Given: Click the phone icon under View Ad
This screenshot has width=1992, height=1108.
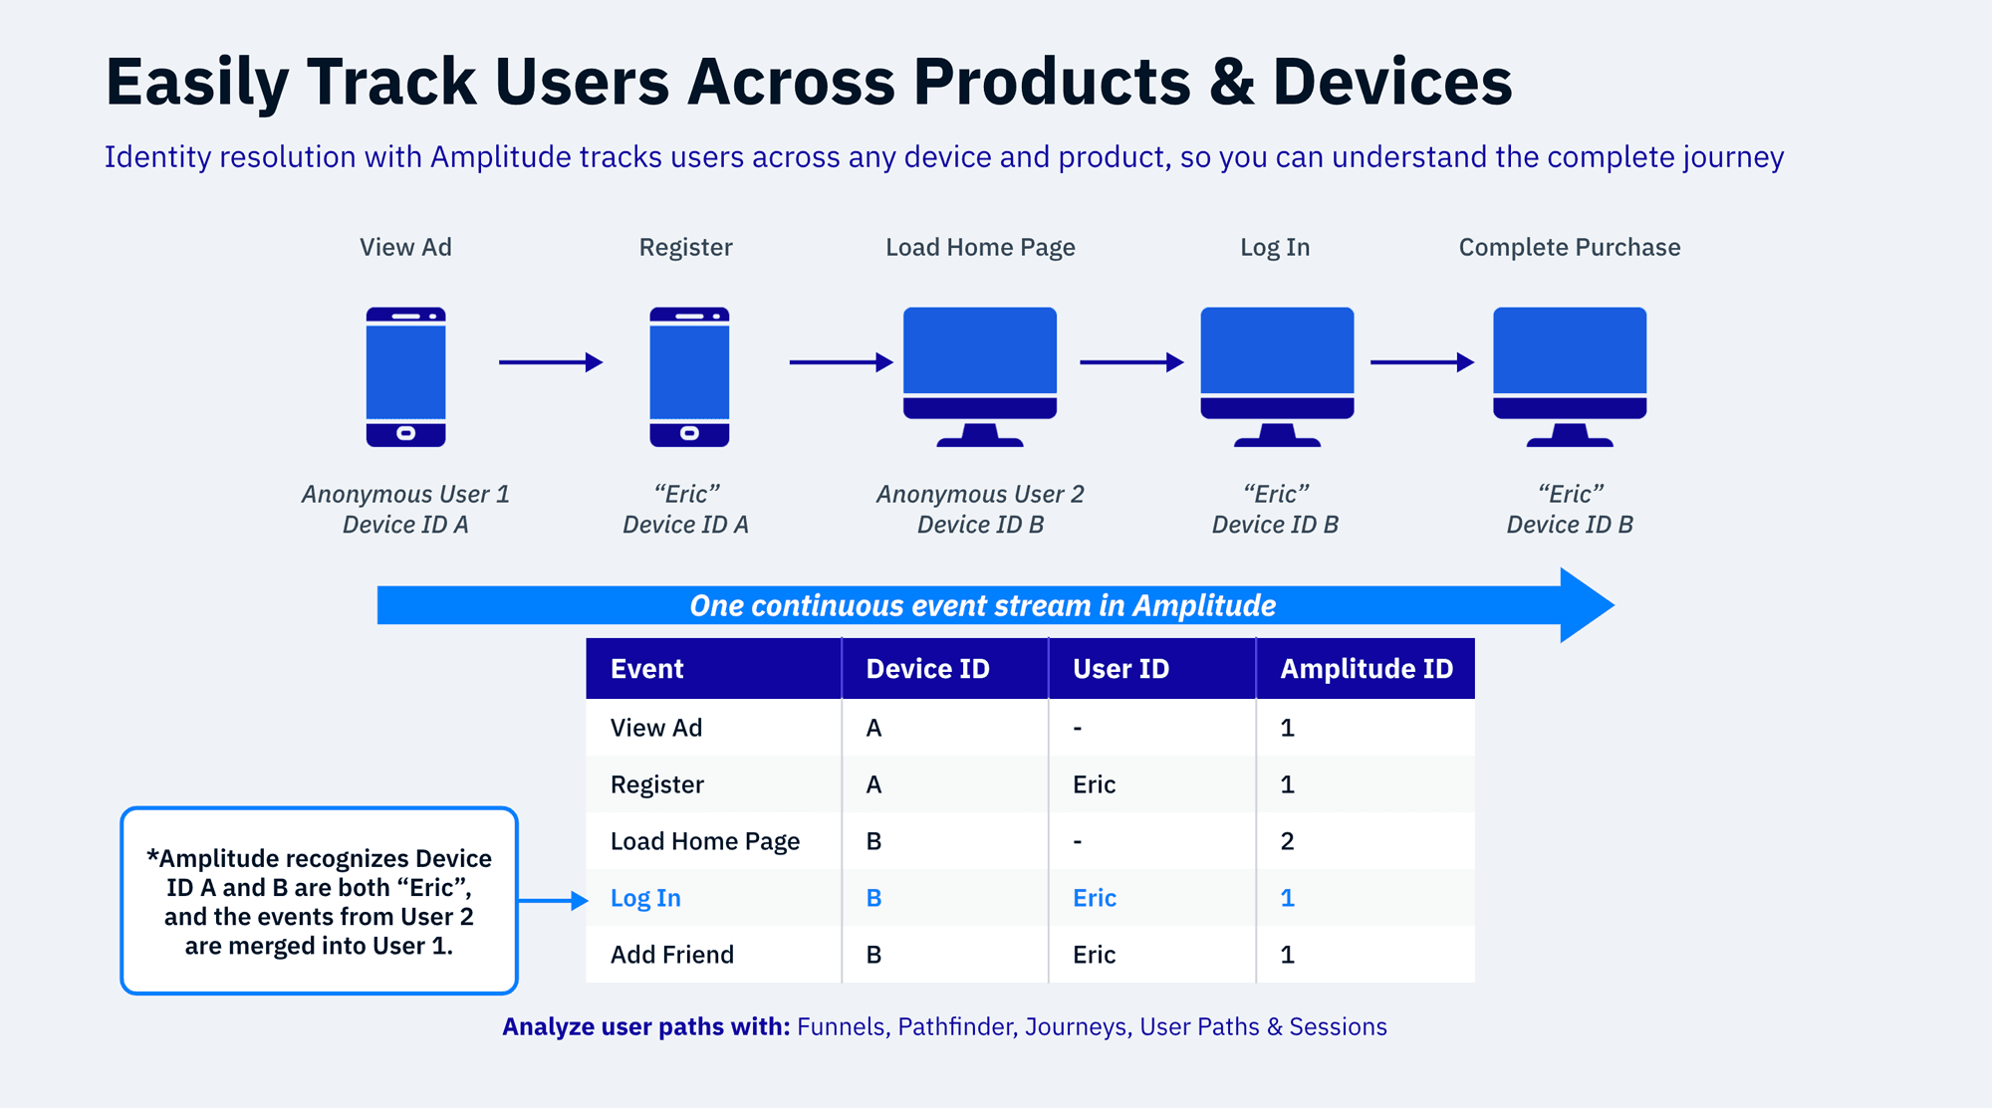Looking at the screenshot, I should click(x=405, y=376).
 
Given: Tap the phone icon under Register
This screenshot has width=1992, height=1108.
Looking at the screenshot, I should click(x=689, y=376).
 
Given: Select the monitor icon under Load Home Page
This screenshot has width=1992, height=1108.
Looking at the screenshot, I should click(x=980, y=374).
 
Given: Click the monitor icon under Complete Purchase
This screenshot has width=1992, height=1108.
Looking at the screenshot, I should click(x=1570, y=374).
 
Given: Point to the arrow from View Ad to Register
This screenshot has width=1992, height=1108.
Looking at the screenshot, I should click(x=551, y=362).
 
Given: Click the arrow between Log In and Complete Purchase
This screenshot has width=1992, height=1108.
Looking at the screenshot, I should click(x=1422, y=362).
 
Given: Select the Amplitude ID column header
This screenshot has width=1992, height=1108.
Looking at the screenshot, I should click(x=1367, y=669).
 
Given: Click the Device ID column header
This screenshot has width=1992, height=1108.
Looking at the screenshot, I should click(x=927, y=669).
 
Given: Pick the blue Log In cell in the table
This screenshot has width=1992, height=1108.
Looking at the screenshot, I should click(x=645, y=898).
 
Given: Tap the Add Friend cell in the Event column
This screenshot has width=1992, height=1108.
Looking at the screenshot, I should click(x=672, y=955).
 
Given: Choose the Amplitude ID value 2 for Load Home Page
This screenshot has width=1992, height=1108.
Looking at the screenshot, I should click(x=1287, y=841).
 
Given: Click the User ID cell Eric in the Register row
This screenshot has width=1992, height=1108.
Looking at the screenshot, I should click(x=1094, y=784).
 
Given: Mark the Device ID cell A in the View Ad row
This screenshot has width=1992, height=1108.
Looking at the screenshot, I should click(x=873, y=728).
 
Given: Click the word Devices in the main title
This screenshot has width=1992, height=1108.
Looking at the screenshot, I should click(x=1392, y=82).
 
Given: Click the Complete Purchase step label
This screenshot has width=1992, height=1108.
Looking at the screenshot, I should click(x=1570, y=247).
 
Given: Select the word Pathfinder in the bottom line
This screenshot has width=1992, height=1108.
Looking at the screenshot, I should click(x=955, y=1026).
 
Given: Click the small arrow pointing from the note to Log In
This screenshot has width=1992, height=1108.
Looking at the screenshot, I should click(x=554, y=900).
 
